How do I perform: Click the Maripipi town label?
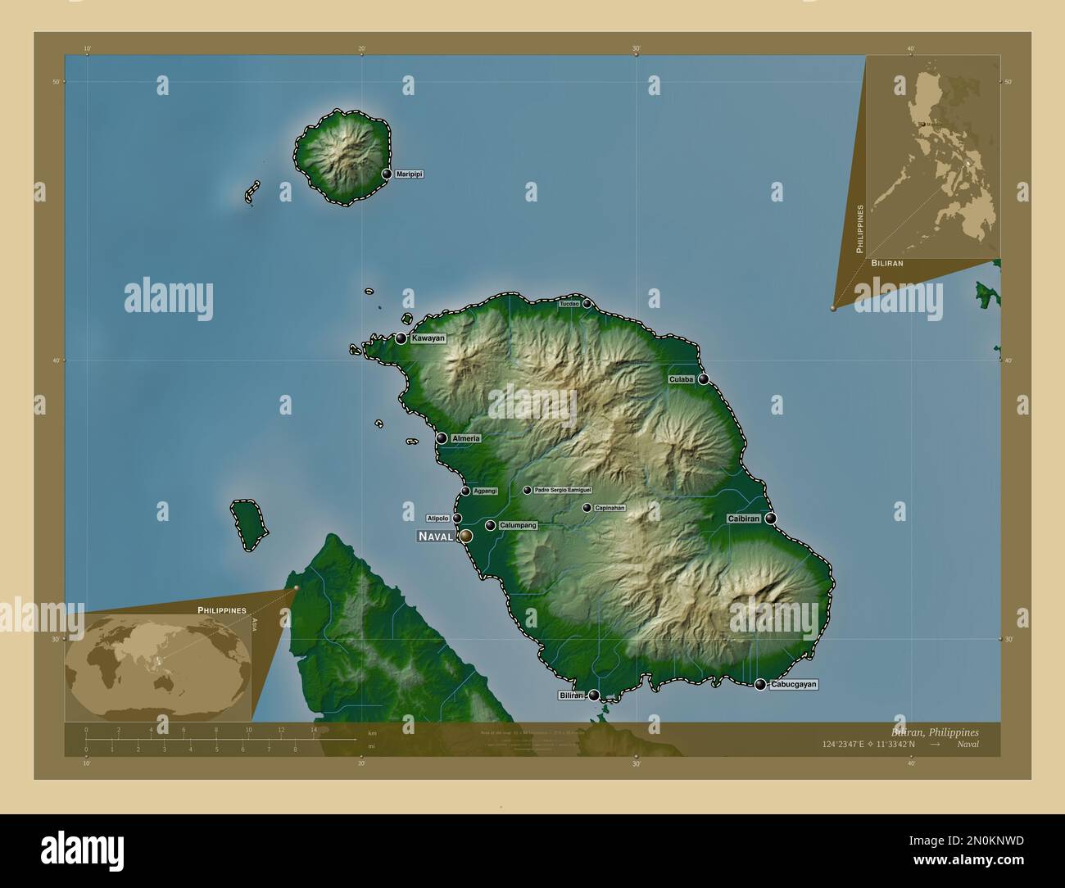[409, 174]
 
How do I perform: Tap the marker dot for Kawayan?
[401, 338]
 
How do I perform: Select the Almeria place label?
[465, 438]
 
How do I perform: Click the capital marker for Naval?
[466, 536]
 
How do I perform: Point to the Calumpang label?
[517, 525]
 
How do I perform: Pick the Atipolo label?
[437, 519]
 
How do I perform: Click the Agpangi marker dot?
[465, 491]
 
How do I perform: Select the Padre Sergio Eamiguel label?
[562, 491]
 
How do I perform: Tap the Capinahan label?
[610, 508]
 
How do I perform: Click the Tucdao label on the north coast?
[569, 304]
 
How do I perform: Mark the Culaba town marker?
[703, 379]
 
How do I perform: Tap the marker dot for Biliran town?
[594, 695]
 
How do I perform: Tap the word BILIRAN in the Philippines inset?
[887, 264]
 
